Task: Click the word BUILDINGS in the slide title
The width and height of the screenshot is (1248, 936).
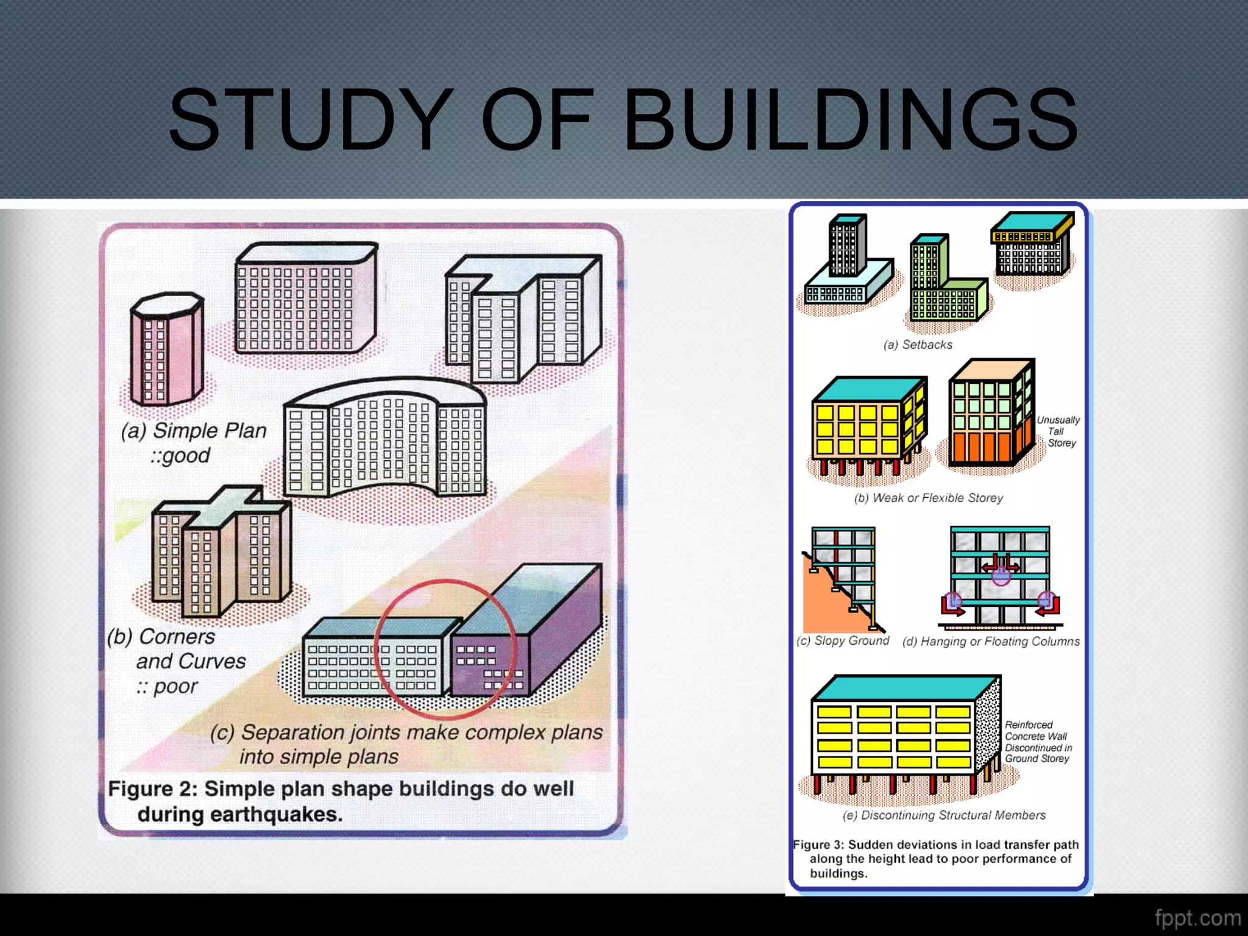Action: click(850, 119)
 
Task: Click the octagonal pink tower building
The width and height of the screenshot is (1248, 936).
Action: click(166, 350)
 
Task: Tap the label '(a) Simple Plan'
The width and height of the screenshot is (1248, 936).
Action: click(194, 431)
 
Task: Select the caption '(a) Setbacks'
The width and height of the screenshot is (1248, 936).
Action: click(918, 345)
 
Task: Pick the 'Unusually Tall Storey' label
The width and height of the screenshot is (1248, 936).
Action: click(1058, 431)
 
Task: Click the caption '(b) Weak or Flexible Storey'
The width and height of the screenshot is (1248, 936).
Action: click(928, 498)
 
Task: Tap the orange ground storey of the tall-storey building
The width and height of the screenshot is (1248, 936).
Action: click(981, 448)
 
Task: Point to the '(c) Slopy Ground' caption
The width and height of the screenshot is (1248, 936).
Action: click(843, 641)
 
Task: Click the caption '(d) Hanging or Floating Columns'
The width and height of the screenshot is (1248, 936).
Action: click(991, 642)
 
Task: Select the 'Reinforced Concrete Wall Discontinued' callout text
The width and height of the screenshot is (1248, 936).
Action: click(1038, 742)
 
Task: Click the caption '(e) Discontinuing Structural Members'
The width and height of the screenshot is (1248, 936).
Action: click(944, 815)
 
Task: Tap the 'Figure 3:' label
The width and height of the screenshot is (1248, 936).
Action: click(820, 845)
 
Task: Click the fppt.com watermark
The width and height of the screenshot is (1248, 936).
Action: click(1197, 918)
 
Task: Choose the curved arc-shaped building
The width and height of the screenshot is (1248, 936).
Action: click(385, 442)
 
